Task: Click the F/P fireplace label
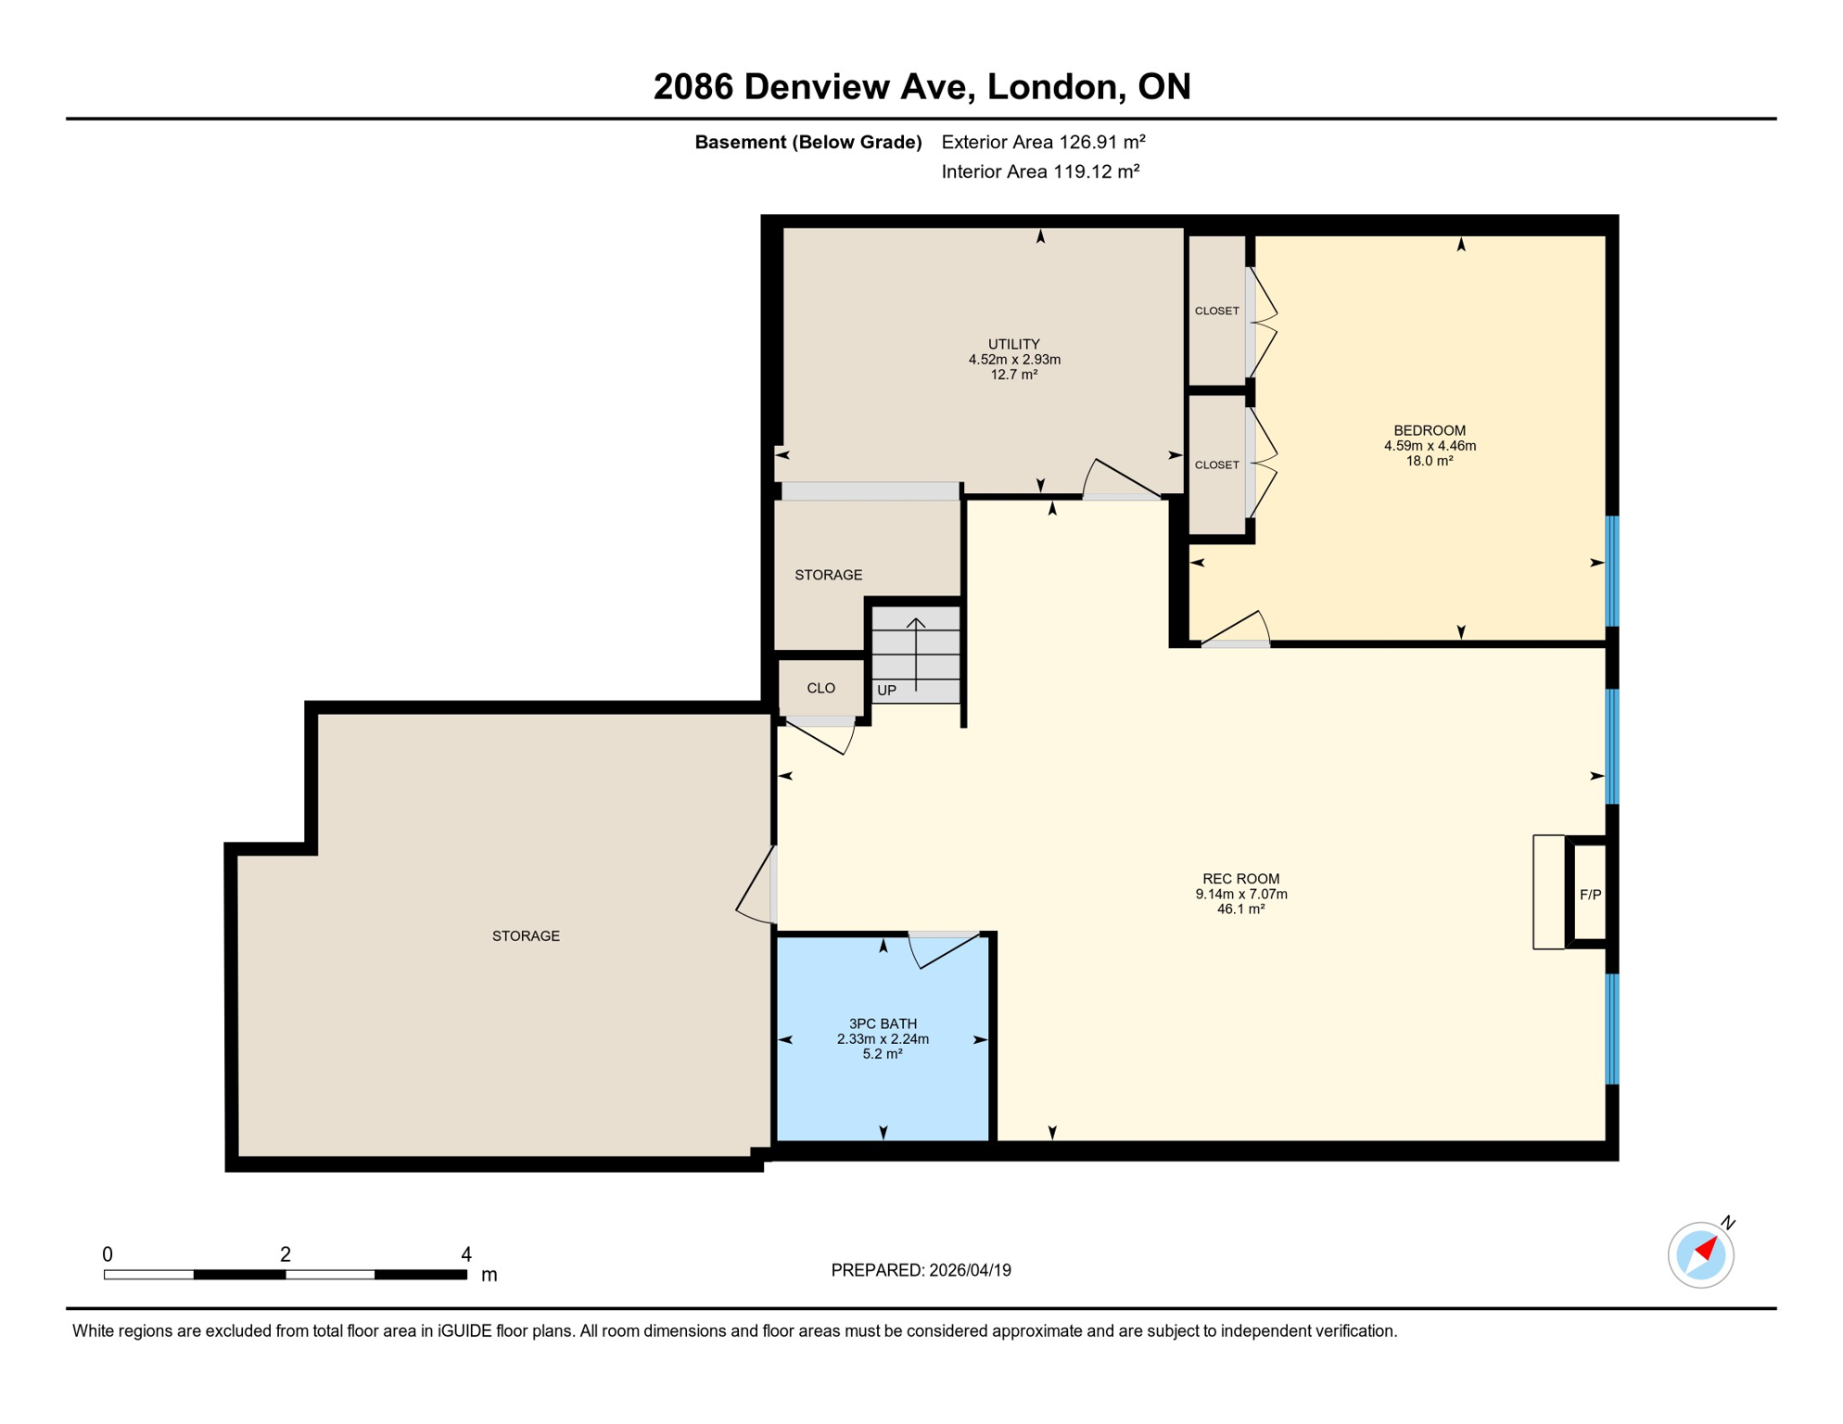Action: click(1590, 895)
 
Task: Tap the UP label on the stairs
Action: click(886, 691)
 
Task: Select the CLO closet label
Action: click(820, 688)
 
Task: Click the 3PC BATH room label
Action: click(883, 1023)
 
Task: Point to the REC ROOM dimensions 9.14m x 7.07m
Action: click(1240, 894)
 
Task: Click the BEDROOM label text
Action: click(1430, 430)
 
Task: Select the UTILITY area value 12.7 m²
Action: click(1013, 375)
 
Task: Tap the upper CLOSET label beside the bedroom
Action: click(1216, 311)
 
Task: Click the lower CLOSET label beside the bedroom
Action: click(1216, 464)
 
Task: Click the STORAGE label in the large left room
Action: click(526, 936)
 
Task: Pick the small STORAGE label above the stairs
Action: click(828, 575)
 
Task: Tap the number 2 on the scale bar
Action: click(286, 1254)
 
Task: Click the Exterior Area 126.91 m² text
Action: click(1043, 142)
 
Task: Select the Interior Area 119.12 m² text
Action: click(1039, 172)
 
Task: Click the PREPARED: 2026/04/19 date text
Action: click(921, 1270)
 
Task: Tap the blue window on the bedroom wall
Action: click(1612, 571)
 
